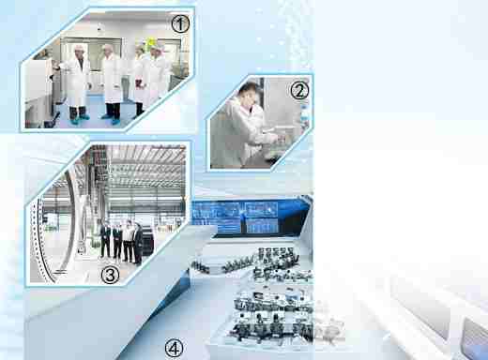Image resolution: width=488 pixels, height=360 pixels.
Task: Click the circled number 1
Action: pyautogui.click(x=180, y=24)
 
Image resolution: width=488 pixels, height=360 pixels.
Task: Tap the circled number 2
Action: pyautogui.click(x=299, y=91)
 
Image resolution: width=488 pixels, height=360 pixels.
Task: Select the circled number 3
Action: pyautogui.click(x=110, y=275)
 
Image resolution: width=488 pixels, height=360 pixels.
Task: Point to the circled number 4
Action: pyautogui.click(x=174, y=348)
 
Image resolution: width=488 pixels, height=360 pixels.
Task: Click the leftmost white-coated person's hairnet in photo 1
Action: pyautogui.click(x=80, y=48)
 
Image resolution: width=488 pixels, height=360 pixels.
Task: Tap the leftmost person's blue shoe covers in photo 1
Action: pyautogui.click(x=80, y=119)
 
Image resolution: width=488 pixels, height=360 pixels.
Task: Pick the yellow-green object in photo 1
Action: pyautogui.click(x=151, y=42)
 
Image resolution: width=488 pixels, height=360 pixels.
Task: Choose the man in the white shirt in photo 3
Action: pyautogui.click(x=128, y=241)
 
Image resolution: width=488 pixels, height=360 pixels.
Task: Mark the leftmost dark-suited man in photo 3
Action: pyautogui.click(x=105, y=238)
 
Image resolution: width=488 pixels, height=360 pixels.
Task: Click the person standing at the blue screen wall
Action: pyautogui.click(x=243, y=222)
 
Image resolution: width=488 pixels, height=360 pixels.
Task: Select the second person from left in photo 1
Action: pyautogui.click(x=111, y=82)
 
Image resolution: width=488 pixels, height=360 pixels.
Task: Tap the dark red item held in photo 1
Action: pyautogui.click(x=139, y=83)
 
